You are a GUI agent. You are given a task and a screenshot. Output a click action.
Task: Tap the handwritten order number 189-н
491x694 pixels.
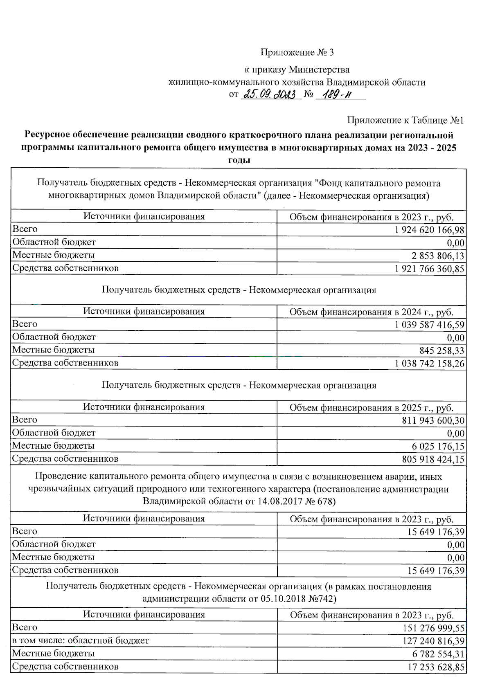coord(337,94)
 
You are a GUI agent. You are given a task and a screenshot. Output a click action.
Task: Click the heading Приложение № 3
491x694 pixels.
coord(297,52)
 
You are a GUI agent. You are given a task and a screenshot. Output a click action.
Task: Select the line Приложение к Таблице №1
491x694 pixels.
coord(405,120)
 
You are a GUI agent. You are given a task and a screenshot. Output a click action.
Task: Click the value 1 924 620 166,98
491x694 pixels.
coord(429,230)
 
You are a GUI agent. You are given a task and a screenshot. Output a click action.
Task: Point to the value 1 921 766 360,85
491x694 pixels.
coord(429,269)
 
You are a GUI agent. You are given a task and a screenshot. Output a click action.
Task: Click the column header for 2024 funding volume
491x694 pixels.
coord(371,312)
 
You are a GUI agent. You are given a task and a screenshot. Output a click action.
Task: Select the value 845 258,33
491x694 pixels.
coord(442,351)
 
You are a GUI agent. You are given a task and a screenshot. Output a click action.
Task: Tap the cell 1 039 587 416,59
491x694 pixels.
coord(429,325)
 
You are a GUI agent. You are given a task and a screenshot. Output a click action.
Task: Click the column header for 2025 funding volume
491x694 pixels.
coord(371,408)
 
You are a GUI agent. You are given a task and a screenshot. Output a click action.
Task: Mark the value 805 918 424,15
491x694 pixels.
coord(433,460)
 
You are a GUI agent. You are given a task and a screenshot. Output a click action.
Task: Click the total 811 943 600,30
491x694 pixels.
coord(433,421)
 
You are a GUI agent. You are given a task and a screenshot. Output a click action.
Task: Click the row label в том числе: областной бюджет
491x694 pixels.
coord(81,640)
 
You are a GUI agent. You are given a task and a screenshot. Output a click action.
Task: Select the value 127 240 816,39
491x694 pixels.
coord(433,641)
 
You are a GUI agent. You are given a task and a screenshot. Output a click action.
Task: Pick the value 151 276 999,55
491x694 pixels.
coord(433,628)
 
